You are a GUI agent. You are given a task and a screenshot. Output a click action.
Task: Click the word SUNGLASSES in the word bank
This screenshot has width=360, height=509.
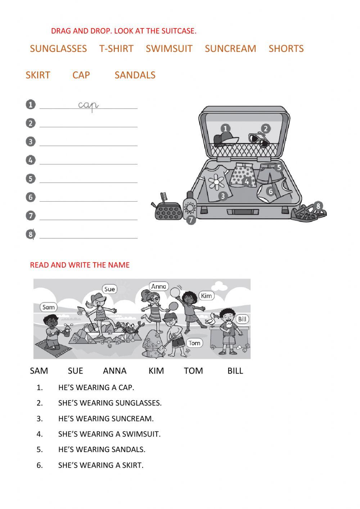coord(58,49)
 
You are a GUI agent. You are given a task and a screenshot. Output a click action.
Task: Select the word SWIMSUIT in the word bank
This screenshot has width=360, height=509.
coord(169,49)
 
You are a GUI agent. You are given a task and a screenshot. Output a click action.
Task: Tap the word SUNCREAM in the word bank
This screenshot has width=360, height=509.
coord(230,49)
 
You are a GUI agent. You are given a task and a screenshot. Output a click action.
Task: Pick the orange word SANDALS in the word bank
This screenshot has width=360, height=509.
coord(135,75)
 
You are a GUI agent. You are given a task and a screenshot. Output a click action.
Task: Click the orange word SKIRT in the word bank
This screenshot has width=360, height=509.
coord(38,75)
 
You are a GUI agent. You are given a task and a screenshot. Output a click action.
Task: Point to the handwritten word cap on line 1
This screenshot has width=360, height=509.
coord(88,105)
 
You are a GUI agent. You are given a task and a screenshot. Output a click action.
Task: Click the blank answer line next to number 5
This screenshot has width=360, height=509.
coord(88,179)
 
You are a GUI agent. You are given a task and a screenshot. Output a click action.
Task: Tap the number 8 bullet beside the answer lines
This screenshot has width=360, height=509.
coord(31,235)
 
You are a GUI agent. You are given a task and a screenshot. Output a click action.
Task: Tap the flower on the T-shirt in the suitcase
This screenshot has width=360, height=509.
coord(216,182)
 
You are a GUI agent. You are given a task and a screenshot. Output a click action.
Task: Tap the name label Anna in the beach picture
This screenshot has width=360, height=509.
coord(159,286)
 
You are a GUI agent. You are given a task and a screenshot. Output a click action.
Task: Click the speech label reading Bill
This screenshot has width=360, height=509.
coord(243,319)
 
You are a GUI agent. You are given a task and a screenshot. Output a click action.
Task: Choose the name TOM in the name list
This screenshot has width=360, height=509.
coord(193,371)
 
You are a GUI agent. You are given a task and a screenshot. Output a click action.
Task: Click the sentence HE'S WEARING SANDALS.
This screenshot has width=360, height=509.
coord(102,450)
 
